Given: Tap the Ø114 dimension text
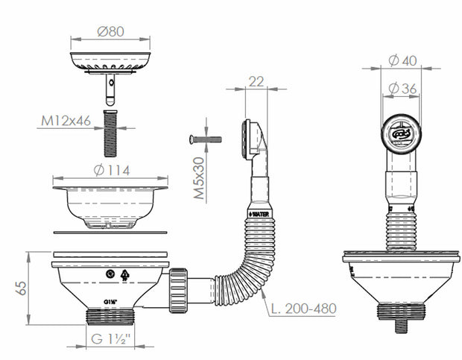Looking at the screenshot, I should (x=111, y=170).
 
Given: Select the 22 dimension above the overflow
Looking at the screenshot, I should (x=256, y=82).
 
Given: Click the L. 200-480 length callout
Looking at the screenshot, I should (x=303, y=308).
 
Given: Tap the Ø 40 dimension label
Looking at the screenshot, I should (x=402, y=61).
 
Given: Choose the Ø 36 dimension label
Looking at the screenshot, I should (x=402, y=89).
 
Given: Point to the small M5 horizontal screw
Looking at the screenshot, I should (x=206, y=139).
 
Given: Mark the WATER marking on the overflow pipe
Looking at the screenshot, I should (x=260, y=214).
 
